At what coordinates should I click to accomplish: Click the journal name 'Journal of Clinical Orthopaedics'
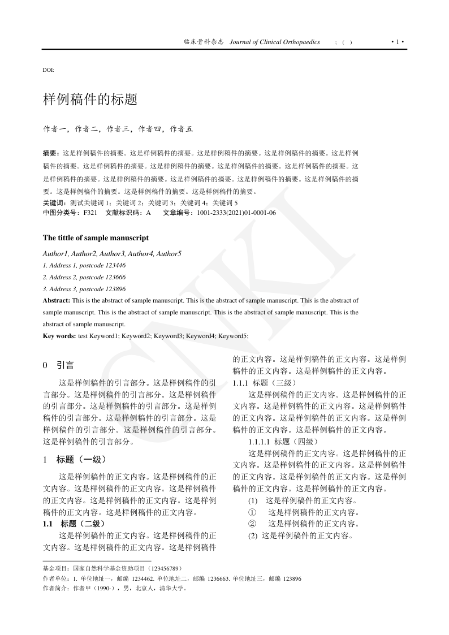275,42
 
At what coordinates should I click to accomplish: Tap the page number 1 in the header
398,42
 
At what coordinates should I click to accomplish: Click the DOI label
49,70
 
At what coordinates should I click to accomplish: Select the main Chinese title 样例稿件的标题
90,100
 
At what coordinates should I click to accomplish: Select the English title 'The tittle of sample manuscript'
96,238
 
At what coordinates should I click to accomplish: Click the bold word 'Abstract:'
57,300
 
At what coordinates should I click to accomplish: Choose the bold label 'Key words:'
59,336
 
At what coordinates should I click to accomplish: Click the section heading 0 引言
58,366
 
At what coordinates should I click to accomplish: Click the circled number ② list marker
252,524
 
